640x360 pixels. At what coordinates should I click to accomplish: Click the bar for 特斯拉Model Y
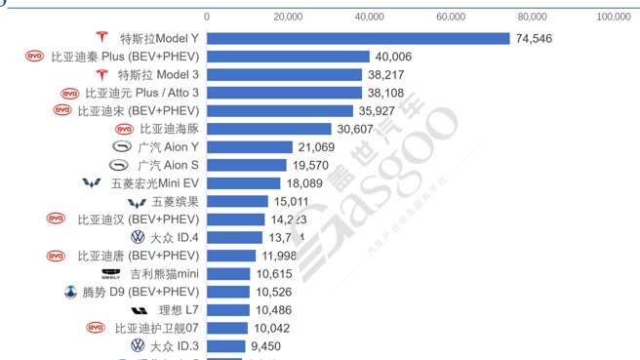click(358, 39)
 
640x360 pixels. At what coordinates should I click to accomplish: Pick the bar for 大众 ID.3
click(226, 345)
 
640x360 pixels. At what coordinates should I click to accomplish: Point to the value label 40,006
click(393, 57)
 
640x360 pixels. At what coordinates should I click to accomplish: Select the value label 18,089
click(304, 183)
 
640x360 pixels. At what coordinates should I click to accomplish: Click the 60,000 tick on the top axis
click(451, 17)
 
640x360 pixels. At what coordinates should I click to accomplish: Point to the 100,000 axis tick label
click(612, 17)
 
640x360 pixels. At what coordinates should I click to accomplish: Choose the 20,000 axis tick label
click(288, 17)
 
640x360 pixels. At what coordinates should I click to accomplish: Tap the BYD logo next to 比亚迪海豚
click(124, 129)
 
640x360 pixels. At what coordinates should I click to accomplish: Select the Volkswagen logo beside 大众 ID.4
click(137, 237)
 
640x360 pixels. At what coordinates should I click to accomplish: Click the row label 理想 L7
click(179, 309)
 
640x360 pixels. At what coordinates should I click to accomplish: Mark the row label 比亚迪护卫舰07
click(157, 328)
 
